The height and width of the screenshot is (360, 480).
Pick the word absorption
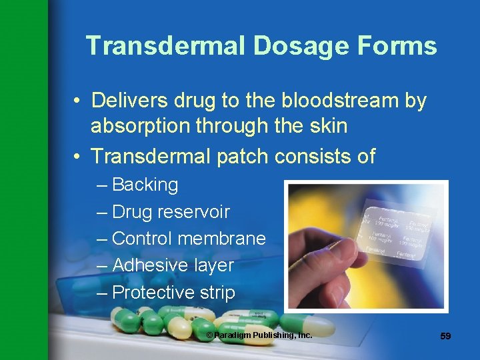[x=141, y=127]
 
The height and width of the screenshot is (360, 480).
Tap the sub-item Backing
[x=145, y=185]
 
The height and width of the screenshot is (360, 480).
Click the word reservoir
[x=193, y=212]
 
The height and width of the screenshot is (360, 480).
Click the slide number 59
[x=445, y=336]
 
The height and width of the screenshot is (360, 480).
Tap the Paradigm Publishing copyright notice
[x=259, y=335]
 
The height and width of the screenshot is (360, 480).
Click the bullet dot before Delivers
[x=79, y=101]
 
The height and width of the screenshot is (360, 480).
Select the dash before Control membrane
[x=101, y=239]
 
